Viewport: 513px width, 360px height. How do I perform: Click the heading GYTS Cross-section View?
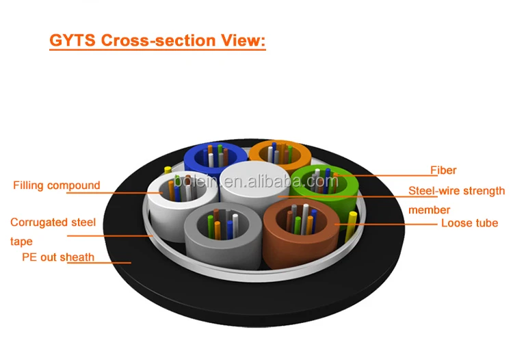[157, 40]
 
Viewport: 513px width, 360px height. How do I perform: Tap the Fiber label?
[443, 170]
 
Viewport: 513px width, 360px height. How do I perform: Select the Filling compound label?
[56, 185]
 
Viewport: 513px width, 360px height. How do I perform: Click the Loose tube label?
[469, 223]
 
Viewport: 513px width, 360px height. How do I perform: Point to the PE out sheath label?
[58, 257]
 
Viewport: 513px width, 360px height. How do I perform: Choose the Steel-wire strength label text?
[456, 191]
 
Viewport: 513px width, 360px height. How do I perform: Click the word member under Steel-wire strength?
[429, 210]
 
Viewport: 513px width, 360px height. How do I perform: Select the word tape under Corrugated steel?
[21, 241]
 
